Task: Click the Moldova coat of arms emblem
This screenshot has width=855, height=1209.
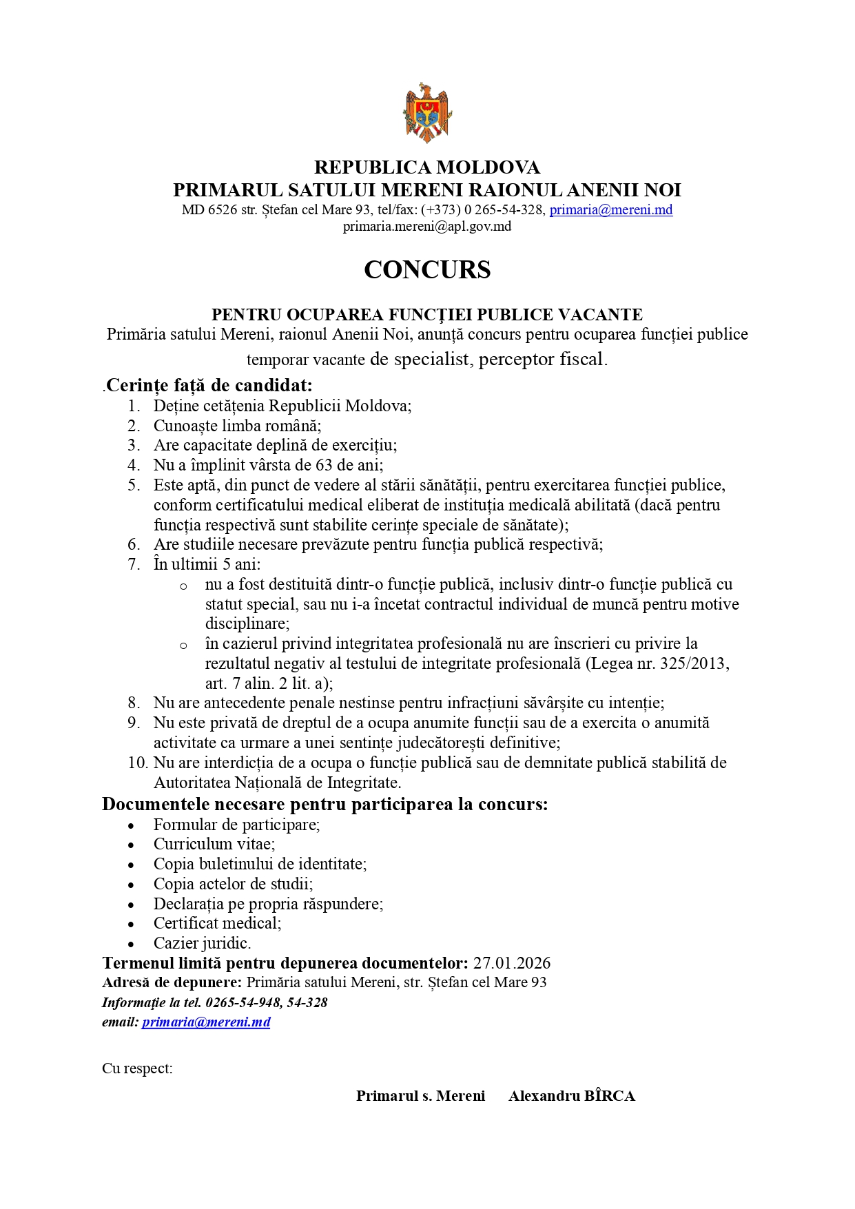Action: tap(427, 112)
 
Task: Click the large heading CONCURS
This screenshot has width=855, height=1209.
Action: tap(427, 269)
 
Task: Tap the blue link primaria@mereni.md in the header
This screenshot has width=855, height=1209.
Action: tap(610, 210)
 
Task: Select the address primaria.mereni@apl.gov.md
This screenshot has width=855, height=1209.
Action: tap(427, 227)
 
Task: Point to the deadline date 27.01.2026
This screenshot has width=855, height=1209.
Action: tap(511, 963)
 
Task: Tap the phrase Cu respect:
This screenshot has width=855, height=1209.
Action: tap(137, 1068)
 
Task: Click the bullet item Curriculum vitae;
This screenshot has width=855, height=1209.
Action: tap(214, 844)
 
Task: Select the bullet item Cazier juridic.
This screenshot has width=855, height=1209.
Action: tap(202, 943)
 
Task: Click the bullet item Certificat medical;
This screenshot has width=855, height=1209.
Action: tap(217, 923)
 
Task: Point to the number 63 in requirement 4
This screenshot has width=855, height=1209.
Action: tap(325, 465)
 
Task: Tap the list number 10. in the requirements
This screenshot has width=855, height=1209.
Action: tap(138, 763)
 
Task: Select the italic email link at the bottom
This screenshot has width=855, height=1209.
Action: tap(206, 1022)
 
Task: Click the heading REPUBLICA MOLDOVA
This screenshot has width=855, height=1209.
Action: tap(427, 167)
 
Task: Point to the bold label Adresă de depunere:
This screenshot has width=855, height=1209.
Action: tap(172, 982)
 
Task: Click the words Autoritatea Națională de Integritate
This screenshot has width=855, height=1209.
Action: tap(277, 783)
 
